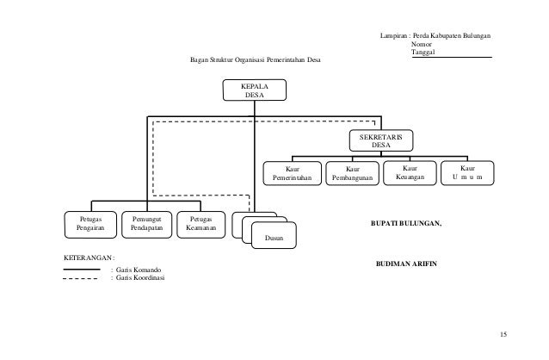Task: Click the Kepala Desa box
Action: [x=255, y=90]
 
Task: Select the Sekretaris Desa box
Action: [x=381, y=140]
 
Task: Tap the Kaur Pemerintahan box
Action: [x=292, y=173]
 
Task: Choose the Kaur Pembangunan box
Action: [x=352, y=173]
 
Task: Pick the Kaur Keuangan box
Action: [x=410, y=173]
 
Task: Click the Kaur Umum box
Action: [x=467, y=173]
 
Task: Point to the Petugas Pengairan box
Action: [x=90, y=225]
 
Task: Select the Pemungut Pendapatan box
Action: [x=146, y=225]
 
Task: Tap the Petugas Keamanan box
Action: [x=201, y=225]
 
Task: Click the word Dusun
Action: [x=274, y=238]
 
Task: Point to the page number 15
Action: [x=503, y=334]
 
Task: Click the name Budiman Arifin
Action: [x=406, y=264]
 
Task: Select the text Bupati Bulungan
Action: [x=406, y=223]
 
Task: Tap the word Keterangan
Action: [x=88, y=258]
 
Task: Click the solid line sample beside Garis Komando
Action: [x=82, y=270]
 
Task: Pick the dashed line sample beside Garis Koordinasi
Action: [x=81, y=279]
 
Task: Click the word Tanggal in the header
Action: [x=423, y=53]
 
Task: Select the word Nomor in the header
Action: [x=421, y=44]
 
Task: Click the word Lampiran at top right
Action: [x=393, y=36]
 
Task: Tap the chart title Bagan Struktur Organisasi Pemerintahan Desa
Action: [x=256, y=59]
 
